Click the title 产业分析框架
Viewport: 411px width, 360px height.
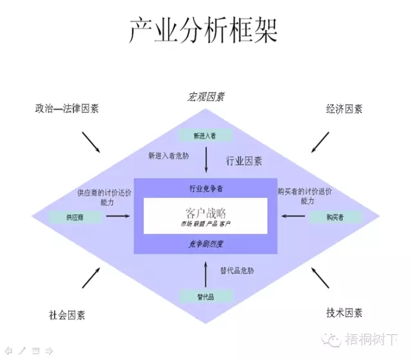click(x=204, y=30)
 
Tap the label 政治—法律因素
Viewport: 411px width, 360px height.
click(x=67, y=109)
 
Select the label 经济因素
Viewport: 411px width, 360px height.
click(x=344, y=109)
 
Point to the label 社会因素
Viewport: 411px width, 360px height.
click(x=67, y=315)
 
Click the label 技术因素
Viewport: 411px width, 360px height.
click(x=344, y=313)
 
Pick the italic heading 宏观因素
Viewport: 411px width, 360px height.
click(x=205, y=97)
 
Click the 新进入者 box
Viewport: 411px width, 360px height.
click(x=205, y=136)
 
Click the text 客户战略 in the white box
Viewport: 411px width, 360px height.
click(x=205, y=213)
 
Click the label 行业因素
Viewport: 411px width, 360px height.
click(x=244, y=161)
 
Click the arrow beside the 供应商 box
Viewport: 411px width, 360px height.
click(x=118, y=216)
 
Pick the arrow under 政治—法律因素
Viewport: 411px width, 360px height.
click(x=91, y=142)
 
